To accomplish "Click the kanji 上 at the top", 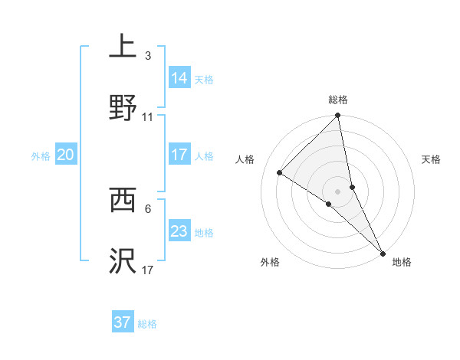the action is pos(123,46).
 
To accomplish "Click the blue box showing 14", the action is pos(179,77).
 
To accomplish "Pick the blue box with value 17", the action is pos(179,155).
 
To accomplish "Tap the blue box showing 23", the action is pos(179,231).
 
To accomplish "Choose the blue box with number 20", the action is pos(66,155).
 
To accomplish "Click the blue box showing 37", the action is pos(123,322).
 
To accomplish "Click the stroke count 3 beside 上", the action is pos(148,56).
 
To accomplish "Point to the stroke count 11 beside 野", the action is pos(148,117).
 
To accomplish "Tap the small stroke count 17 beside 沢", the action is pos(148,270).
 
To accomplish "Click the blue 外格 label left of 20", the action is pos(41,155).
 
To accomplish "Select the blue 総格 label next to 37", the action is pos(148,324).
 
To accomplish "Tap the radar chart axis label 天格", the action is pos(431,159).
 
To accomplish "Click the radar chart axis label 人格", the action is pos(245,159).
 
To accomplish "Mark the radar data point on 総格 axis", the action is pos(338,116).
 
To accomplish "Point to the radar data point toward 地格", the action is pos(382,252).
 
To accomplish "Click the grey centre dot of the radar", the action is pos(338,191).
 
